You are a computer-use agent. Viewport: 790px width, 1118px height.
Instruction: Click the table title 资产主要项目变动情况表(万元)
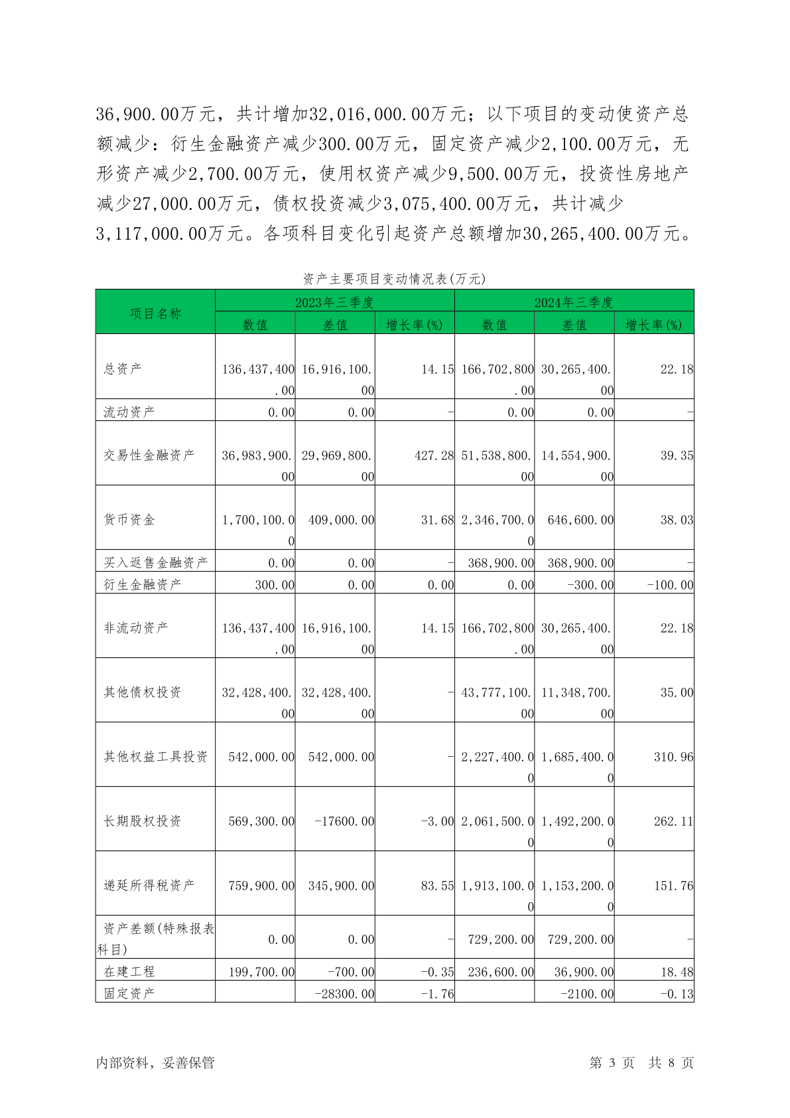click(x=394, y=279)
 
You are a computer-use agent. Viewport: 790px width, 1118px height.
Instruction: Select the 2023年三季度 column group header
click(x=334, y=302)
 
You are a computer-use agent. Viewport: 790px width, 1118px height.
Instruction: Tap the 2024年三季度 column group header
click(x=574, y=302)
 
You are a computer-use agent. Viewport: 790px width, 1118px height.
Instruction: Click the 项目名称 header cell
click(x=155, y=313)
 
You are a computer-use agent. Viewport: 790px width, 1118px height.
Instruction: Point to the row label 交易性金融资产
click(x=149, y=455)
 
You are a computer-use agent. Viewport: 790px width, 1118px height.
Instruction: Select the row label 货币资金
click(x=129, y=519)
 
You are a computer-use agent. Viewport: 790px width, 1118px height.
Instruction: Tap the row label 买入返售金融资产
click(x=155, y=562)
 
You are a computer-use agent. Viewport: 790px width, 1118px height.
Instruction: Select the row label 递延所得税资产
click(x=149, y=885)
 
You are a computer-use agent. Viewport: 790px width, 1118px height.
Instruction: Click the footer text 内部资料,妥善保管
click(x=155, y=1062)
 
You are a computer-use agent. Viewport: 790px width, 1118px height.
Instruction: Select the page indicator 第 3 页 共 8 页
click(x=641, y=1062)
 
